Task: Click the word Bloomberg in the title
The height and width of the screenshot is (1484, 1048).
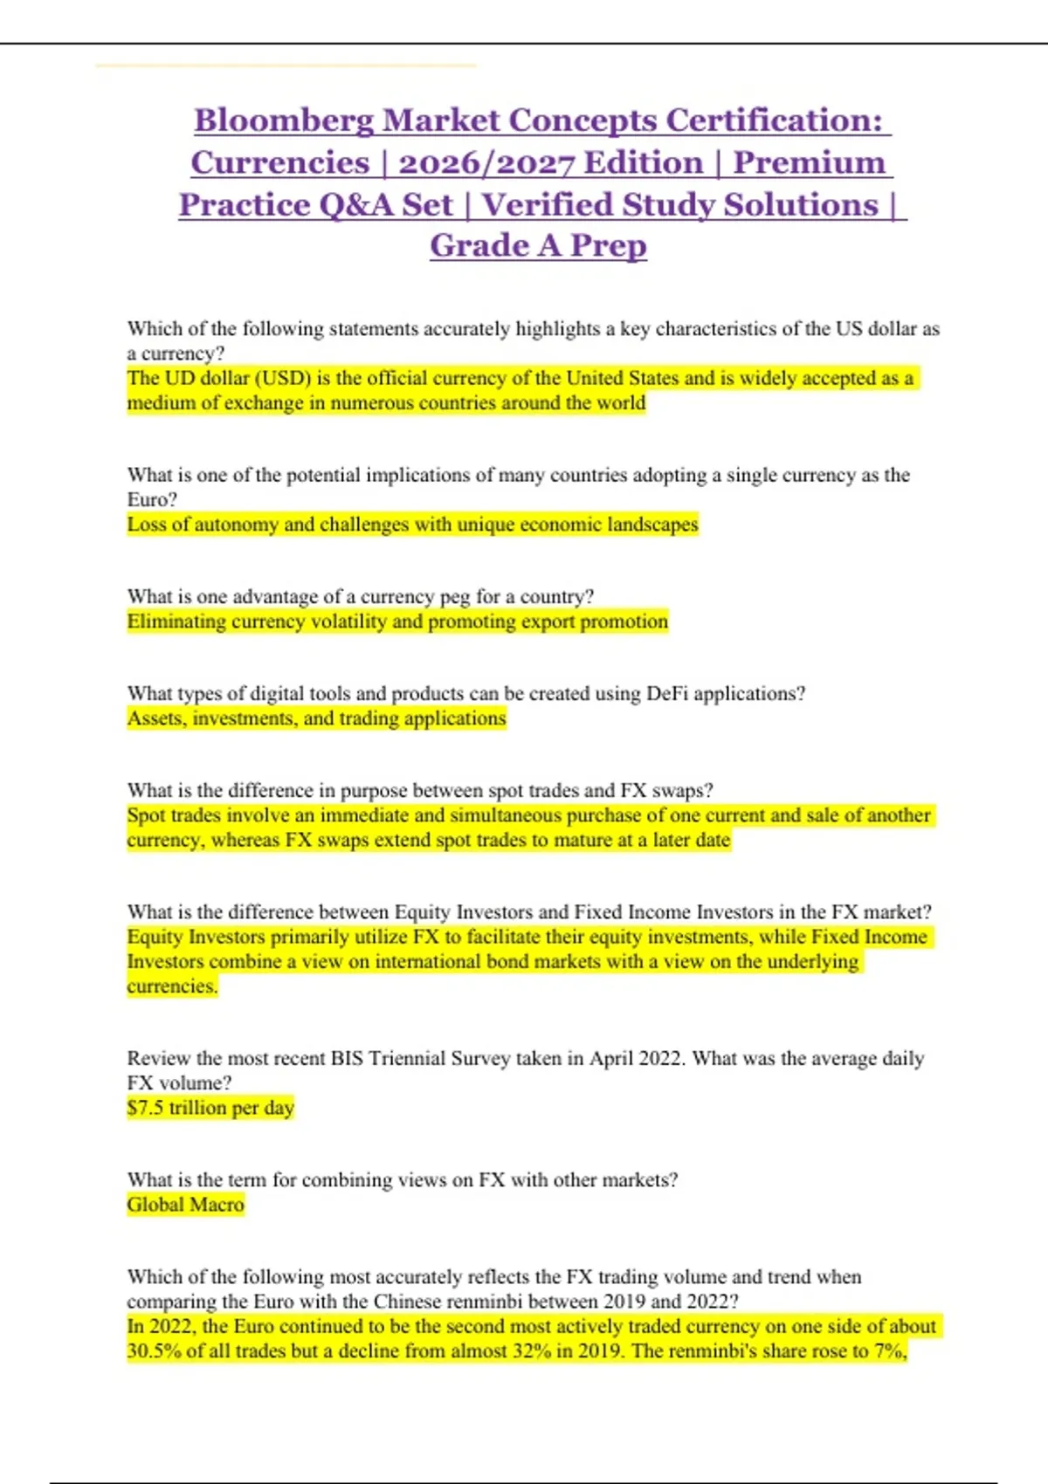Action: (284, 120)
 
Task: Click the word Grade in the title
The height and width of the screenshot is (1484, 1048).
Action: (479, 245)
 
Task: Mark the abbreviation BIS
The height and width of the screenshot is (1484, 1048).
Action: (346, 1058)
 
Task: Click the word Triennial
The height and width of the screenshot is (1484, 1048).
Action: (408, 1058)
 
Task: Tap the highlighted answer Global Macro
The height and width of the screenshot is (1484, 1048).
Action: (186, 1204)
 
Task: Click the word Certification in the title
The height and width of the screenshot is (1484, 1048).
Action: (774, 120)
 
